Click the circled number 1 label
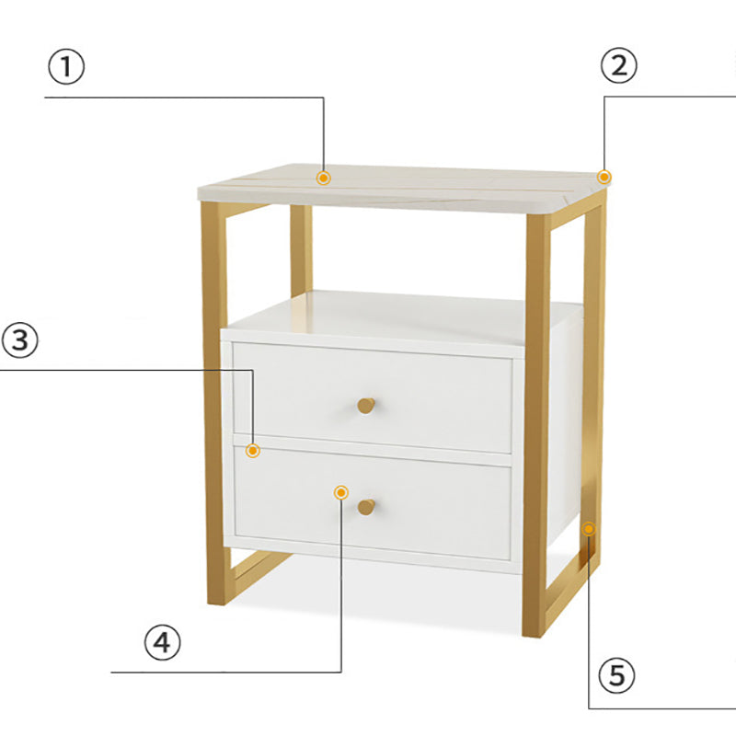[65, 67]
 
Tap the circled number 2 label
[618, 64]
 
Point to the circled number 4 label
[162, 643]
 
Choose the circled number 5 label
[617, 676]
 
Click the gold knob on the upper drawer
[366, 405]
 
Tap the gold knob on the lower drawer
[366, 507]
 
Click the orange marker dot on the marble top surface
[324, 178]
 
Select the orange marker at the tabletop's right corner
[604, 177]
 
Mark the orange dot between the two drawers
[253, 450]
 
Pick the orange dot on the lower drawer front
[341, 492]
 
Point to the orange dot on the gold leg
[589, 529]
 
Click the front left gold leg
[213, 405]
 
